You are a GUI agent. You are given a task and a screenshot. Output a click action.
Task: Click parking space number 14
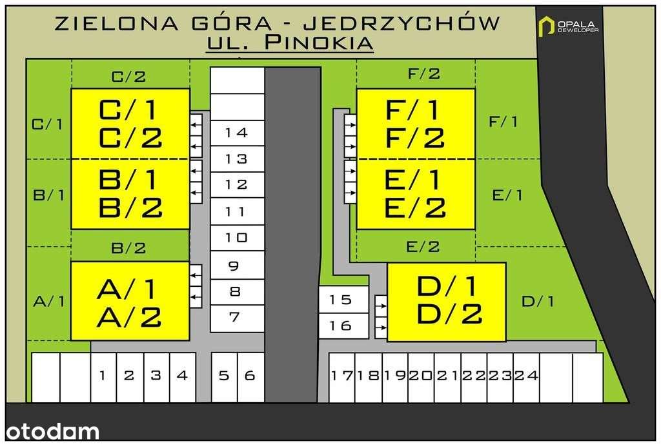point(237,133)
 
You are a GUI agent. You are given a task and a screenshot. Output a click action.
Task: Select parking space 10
point(237,238)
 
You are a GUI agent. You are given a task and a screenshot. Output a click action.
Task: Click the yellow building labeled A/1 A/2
point(130,301)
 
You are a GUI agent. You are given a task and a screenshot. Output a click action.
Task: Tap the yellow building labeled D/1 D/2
point(446,300)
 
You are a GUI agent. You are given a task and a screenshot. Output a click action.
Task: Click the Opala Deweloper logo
point(569,26)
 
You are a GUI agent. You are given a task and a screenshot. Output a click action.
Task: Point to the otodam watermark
point(50,431)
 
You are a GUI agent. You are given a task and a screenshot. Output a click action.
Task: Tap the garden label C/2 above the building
point(129,77)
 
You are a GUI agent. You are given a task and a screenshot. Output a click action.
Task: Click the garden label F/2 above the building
point(424,74)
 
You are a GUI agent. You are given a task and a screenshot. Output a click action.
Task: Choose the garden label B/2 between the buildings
point(129,247)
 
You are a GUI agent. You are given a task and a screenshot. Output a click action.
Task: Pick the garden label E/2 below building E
point(423,246)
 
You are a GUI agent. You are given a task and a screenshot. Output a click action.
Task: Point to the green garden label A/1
point(48,301)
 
